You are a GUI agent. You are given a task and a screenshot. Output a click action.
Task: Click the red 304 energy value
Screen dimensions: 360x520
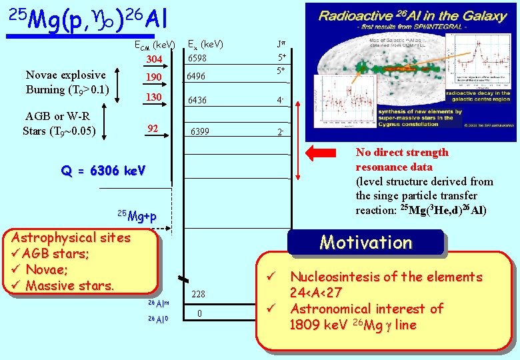tap(154, 59)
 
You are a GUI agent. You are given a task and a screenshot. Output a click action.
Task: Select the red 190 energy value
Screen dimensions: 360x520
tap(154, 78)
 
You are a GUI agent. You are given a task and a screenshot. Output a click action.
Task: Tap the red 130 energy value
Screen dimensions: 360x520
tap(154, 98)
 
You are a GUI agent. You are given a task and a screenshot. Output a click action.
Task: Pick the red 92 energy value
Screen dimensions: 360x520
tap(153, 128)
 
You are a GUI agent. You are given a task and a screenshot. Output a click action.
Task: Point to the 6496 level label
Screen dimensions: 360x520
tap(197, 77)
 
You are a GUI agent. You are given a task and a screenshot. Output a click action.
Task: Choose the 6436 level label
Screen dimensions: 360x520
tap(197, 101)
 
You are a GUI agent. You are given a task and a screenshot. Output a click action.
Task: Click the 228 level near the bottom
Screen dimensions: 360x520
tap(198, 295)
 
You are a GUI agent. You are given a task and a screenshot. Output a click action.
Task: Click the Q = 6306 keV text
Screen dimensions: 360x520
tap(103, 170)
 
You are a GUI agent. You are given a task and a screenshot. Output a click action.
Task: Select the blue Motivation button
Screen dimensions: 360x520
tap(366, 242)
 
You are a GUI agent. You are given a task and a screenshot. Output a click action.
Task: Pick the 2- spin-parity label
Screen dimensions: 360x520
tap(282, 132)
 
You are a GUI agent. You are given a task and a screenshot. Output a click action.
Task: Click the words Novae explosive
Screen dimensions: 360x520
tap(65, 75)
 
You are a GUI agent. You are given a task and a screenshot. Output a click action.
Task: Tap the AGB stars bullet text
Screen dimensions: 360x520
tap(55, 253)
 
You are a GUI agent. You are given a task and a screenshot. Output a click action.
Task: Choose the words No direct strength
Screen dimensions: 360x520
tap(402, 152)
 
